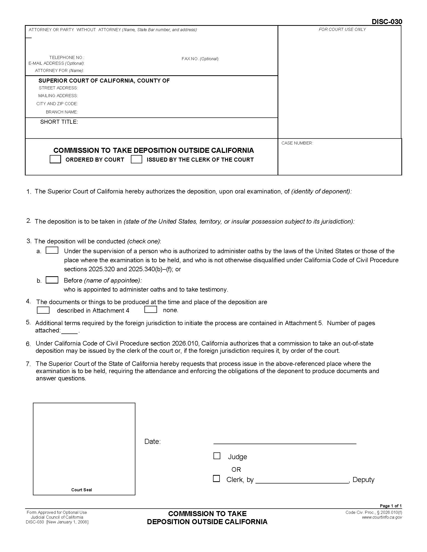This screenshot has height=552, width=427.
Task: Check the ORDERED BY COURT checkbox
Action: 55,159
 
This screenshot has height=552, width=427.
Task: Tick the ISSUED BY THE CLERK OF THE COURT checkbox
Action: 136,160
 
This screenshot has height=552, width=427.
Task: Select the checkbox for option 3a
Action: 52,250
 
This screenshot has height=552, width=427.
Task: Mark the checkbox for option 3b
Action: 52,280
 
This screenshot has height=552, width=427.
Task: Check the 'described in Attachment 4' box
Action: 43,310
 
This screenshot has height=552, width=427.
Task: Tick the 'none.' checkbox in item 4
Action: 150,310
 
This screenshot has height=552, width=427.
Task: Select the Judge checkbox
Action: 217,456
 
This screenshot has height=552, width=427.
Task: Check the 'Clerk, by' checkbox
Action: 216,479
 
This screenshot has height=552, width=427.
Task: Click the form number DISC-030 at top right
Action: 387,22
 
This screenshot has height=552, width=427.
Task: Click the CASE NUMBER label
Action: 297,143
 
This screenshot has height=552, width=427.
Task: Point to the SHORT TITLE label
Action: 59,122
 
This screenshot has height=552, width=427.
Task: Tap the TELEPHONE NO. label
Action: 67,58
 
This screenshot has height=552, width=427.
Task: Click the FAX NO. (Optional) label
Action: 200,59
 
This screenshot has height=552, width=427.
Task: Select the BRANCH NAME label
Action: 62,112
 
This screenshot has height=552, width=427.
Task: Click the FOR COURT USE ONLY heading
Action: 342,30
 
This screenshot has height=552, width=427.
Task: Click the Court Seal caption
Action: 81,490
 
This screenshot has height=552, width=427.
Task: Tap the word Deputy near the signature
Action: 363,480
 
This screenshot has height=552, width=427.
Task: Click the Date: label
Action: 152,442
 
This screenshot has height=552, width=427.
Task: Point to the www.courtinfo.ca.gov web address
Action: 382,517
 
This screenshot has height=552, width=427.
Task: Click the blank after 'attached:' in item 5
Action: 70,331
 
